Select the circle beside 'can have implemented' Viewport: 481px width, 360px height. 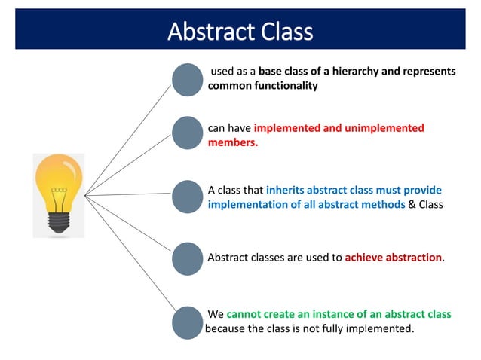point(188,133)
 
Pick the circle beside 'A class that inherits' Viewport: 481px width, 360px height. point(188,196)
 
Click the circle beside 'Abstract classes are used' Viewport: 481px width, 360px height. point(188,258)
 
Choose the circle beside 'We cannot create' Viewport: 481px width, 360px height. point(188,322)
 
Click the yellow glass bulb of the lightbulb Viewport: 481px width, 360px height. point(58,177)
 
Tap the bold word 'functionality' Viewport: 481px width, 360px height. point(280,86)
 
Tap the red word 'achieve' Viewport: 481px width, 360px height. point(364,258)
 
